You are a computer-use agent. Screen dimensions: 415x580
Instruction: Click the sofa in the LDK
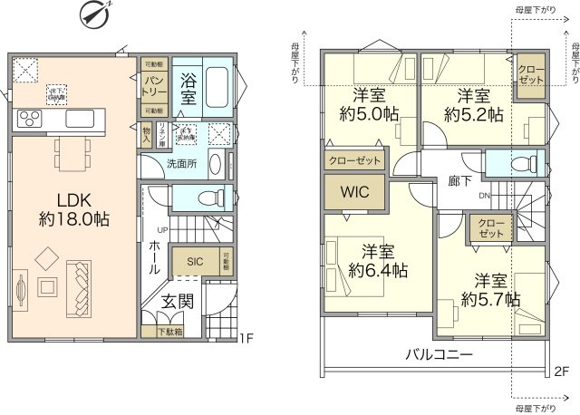click(80, 285)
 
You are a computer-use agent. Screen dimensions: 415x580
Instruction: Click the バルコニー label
click(438, 354)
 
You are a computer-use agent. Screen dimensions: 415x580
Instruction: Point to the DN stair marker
click(484, 195)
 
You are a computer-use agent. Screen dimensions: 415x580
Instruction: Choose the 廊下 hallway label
click(459, 180)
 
